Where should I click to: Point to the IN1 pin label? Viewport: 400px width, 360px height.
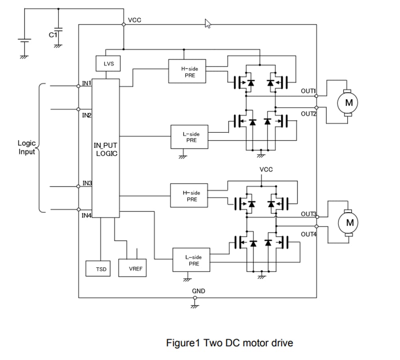click(x=86, y=83)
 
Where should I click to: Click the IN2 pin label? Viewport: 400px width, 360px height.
click(x=86, y=115)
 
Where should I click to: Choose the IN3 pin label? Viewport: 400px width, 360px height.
click(x=87, y=183)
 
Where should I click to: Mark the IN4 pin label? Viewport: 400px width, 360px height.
click(x=86, y=216)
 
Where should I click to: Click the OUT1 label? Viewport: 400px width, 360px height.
click(x=308, y=91)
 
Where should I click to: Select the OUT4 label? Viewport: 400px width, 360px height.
click(x=308, y=234)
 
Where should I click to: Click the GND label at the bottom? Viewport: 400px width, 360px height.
click(x=198, y=291)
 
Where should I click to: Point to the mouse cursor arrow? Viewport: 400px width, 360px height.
click(x=208, y=24)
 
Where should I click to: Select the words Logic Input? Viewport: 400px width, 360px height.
click(x=26, y=147)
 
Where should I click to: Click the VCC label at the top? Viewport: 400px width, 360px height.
click(x=135, y=20)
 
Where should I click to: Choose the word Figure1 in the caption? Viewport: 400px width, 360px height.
click(x=183, y=343)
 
